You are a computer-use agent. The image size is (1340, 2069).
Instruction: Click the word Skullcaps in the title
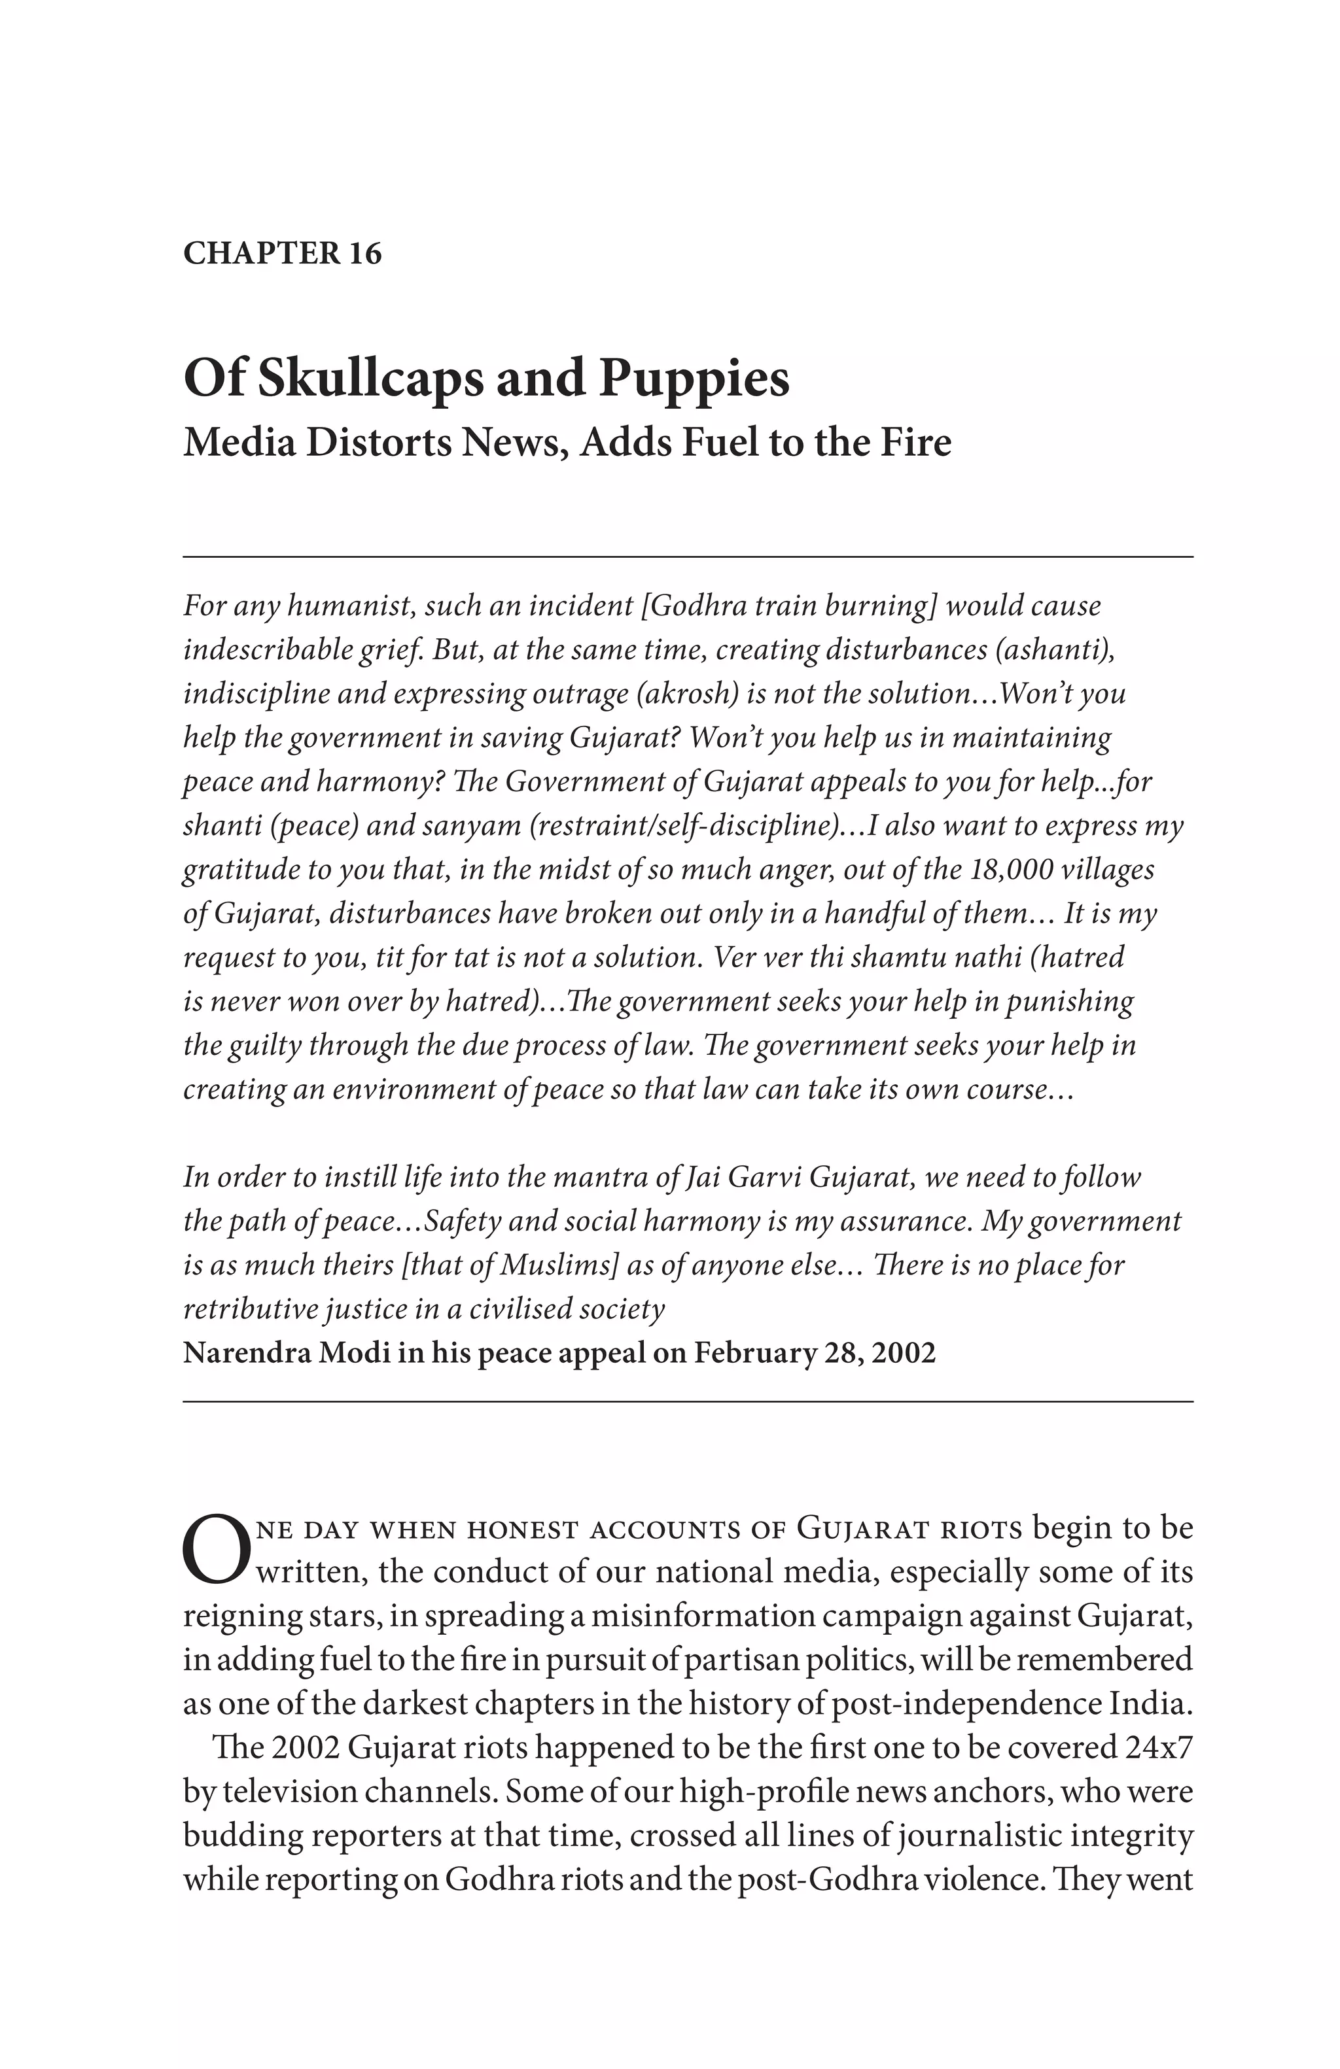[x=366, y=379]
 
